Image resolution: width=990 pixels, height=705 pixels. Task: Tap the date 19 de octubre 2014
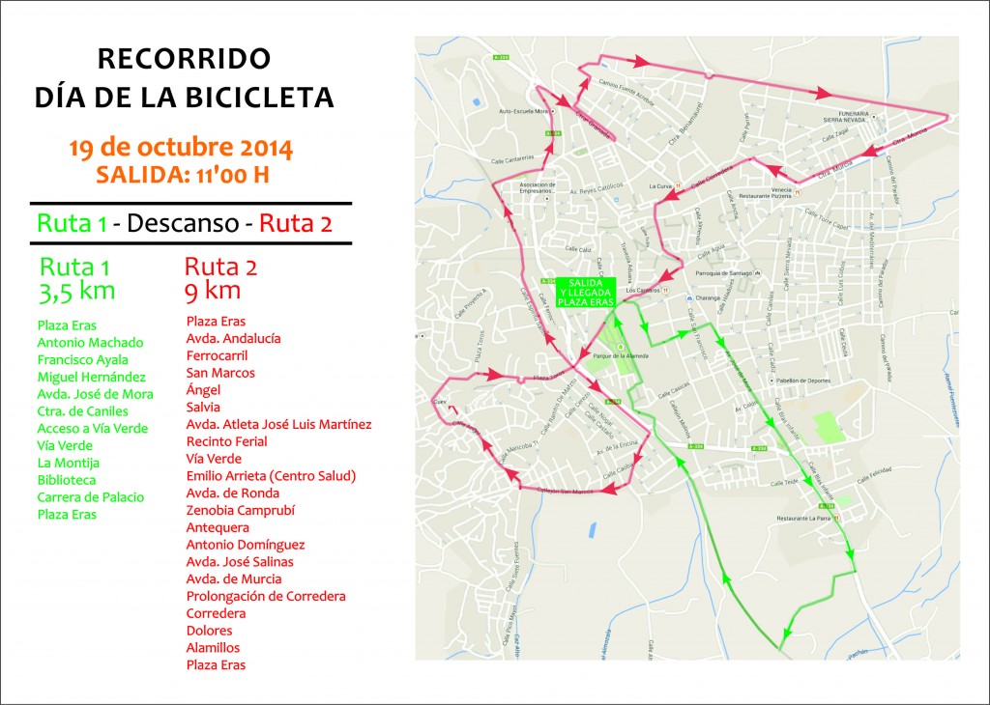coord(181,149)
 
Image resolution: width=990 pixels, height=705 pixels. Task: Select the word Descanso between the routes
coord(183,224)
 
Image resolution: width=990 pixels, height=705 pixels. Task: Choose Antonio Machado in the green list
coord(90,342)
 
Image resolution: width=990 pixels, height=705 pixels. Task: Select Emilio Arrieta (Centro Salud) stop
coord(271,475)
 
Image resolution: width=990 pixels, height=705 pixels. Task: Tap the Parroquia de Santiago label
coord(722,278)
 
